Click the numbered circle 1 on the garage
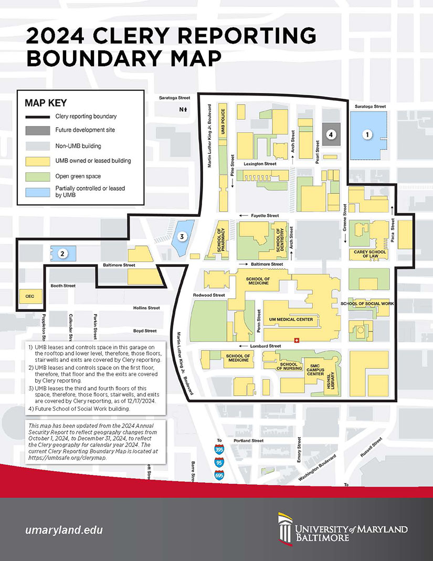368,135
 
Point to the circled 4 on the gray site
330,134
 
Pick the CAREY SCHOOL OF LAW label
368,254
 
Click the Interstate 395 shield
219,450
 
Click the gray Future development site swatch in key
38,130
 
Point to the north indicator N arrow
183,109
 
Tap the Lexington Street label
260,164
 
